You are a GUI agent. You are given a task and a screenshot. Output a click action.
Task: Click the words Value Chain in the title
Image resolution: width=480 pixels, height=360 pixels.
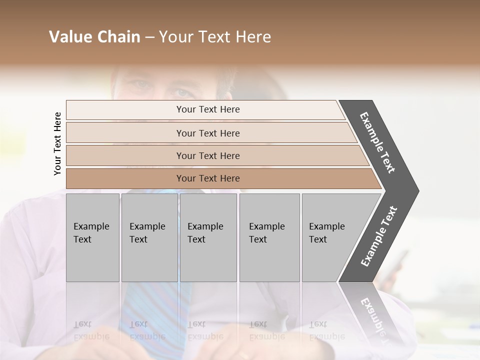point(94,37)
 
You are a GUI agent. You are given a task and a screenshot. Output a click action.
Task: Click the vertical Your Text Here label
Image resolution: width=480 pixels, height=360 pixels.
point(57,143)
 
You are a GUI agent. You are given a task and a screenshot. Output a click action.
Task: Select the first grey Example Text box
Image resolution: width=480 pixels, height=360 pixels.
point(92,237)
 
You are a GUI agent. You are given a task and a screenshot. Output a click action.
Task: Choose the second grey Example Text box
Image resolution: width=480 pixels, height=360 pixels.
point(149,237)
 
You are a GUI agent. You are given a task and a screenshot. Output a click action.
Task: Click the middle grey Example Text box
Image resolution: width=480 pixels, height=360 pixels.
point(208,237)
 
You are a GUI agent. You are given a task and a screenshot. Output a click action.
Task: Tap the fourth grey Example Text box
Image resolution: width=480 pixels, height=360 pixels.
point(269,237)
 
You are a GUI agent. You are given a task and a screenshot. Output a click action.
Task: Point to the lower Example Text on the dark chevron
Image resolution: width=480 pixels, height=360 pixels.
point(379,236)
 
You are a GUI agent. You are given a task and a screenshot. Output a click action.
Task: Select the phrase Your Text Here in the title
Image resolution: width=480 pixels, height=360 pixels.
point(215,37)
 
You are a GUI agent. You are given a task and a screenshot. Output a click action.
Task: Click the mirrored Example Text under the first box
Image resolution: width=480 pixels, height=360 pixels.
point(91,331)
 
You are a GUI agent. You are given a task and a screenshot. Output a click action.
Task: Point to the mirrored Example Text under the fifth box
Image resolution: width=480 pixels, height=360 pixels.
point(326,331)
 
